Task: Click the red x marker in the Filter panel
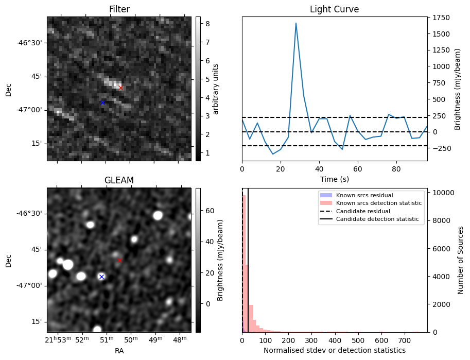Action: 120,88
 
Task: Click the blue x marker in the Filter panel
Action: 102,103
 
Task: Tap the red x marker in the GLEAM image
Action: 119,260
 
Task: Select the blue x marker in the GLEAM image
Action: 101,277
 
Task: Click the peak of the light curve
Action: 296,23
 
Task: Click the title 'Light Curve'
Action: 334,9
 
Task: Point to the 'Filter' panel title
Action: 119,9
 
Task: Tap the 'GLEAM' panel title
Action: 119,180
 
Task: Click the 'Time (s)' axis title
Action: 334,178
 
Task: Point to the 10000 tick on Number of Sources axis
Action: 443,193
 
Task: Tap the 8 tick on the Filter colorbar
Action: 205,23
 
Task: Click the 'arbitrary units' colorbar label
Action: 216,89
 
